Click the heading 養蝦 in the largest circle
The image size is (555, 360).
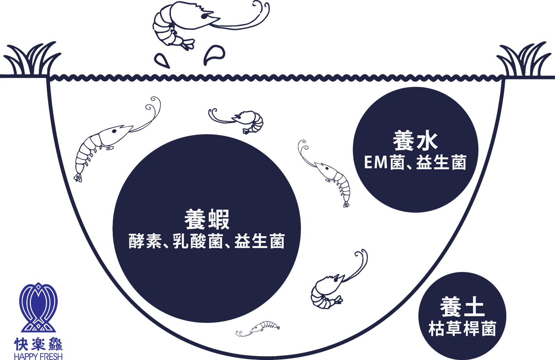(207, 220)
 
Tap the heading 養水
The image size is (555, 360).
(415, 141)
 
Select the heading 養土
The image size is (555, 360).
(462, 307)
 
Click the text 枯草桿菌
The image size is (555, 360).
(462, 329)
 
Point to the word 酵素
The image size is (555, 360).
(145, 241)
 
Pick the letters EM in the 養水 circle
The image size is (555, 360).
(376, 162)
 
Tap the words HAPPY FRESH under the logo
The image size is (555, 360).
(38, 356)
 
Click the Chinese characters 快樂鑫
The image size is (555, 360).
(38, 344)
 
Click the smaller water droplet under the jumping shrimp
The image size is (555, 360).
(162, 60)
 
